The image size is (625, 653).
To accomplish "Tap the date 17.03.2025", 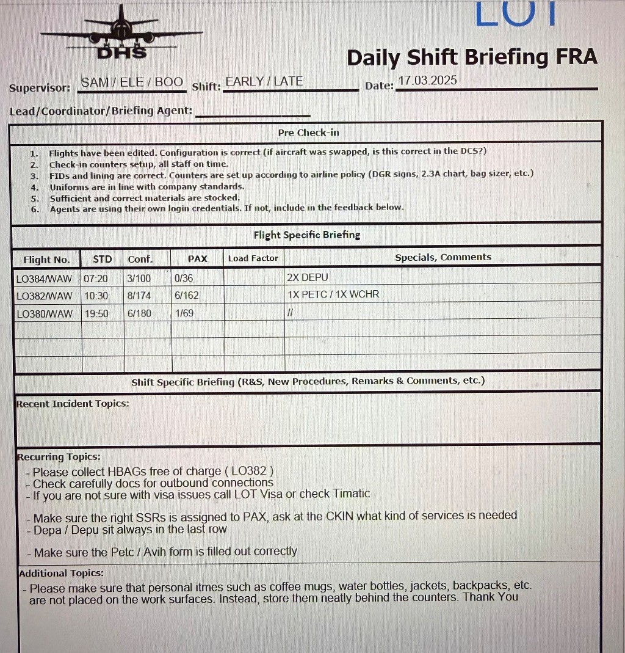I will pyautogui.click(x=427, y=81).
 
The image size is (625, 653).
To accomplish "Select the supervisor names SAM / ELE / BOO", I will pyautogui.click(x=132, y=82).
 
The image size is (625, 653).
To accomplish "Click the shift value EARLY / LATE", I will pyautogui.click(x=264, y=81).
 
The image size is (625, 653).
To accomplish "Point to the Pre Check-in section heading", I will pyautogui.click(x=308, y=133).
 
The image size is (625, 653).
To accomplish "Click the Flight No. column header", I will pyautogui.click(x=46, y=259).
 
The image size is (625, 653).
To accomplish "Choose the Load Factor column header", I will pyautogui.click(x=253, y=258).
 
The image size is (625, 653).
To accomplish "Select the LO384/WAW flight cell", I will pyautogui.click(x=44, y=278).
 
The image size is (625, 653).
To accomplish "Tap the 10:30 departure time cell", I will pyautogui.click(x=96, y=295).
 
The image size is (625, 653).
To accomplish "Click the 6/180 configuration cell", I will pyautogui.click(x=139, y=313).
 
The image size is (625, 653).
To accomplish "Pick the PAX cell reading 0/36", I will pyautogui.click(x=184, y=278).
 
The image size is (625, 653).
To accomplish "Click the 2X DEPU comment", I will pyautogui.click(x=307, y=277).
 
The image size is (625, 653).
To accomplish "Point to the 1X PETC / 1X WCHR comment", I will pyautogui.click(x=333, y=294).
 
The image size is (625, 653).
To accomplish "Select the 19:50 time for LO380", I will pyautogui.click(x=96, y=313).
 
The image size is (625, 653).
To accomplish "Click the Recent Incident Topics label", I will pyautogui.click(x=73, y=403).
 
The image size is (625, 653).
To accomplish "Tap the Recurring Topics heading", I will pyautogui.click(x=59, y=457).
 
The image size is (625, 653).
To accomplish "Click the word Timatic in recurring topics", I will pyautogui.click(x=351, y=494).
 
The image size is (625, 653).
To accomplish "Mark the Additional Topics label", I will pyautogui.click(x=61, y=573).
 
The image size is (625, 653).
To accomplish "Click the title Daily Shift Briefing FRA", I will pyautogui.click(x=472, y=57).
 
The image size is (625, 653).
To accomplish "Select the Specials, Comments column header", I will pyautogui.click(x=443, y=257).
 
